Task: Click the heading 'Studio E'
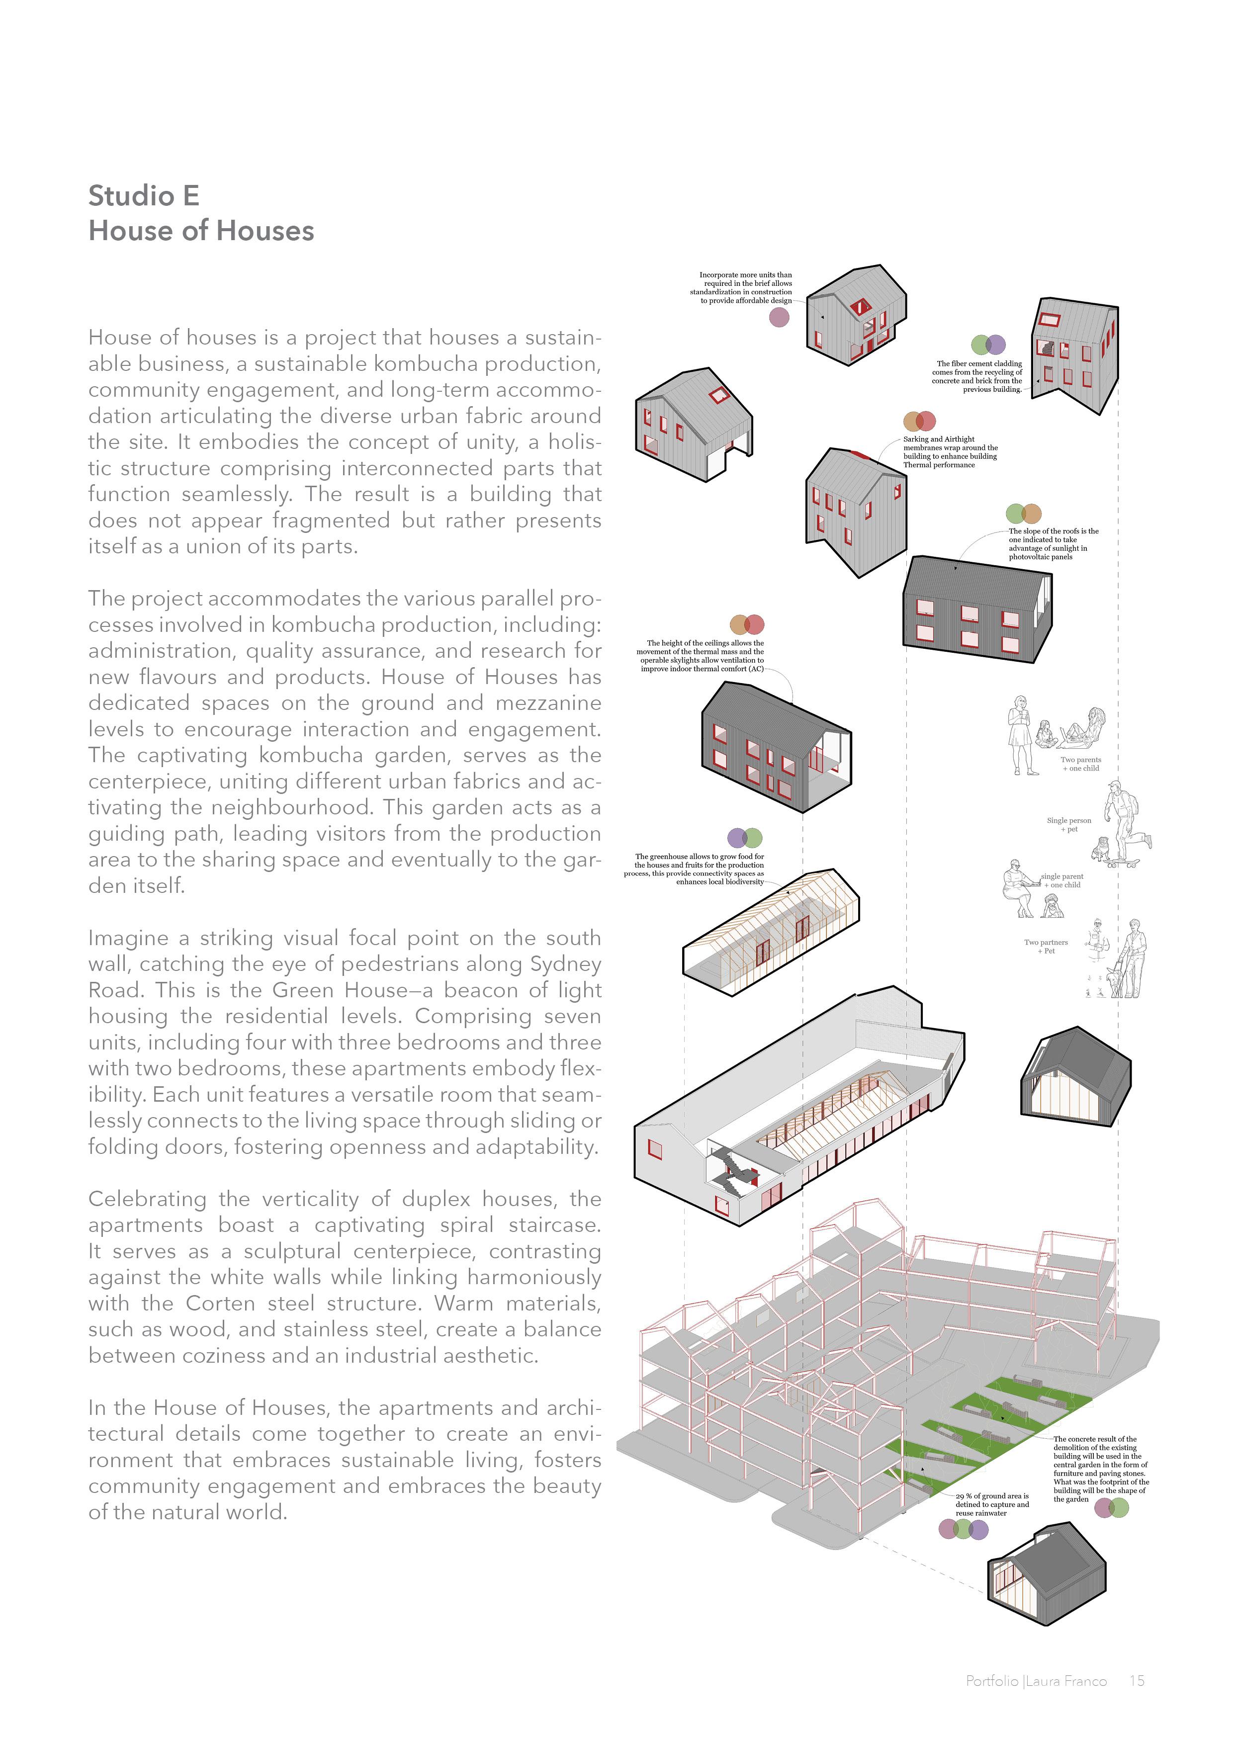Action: (x=144, y=196)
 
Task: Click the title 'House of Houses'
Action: (x=201, y=231)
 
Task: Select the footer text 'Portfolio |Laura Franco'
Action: (x=1036, y=1681)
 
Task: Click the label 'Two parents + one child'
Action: (x=1080, y=764)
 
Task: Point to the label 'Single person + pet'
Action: (x=1069, y=824)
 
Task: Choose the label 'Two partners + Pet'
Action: (x=1046, y=946)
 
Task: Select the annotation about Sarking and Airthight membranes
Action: (x=950, y=451)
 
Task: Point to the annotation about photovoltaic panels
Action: (x=1053, y=544)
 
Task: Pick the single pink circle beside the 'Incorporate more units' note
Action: (x=780, y=318)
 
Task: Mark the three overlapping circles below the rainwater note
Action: (x=964, y=1528)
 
